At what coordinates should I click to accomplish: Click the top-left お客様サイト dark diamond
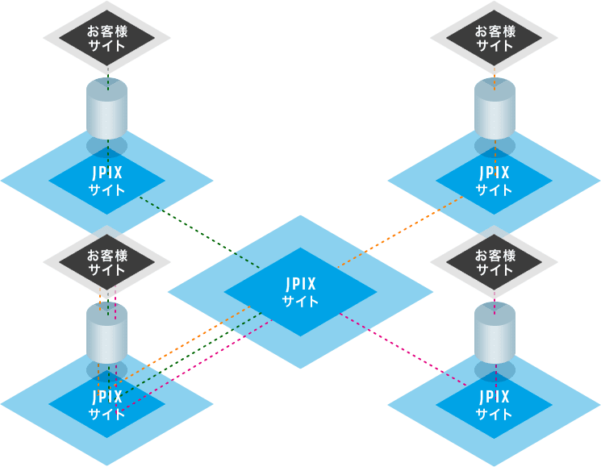coord(106,38)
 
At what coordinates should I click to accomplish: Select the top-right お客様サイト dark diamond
coord(494,38)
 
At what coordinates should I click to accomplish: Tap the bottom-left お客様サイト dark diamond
coord(106,262)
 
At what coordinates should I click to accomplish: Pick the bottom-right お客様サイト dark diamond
coord(494,262)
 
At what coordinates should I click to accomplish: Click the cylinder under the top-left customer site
coord(106,109)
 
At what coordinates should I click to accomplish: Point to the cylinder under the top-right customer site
coord(494,109)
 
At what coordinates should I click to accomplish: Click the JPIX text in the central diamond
coord(300,284)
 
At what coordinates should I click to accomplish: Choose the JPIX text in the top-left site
coord(106,173)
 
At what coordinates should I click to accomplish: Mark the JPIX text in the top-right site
coord(494,173)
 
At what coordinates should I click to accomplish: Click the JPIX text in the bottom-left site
coord(106,397)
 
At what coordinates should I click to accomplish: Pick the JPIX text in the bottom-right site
coord(494,397)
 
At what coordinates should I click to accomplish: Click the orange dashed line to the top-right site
coord(403,230)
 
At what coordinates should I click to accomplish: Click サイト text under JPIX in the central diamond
coord(300,302)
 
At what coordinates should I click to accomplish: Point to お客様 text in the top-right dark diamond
coord(494,31)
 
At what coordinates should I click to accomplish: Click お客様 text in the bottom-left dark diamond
coord(106,255)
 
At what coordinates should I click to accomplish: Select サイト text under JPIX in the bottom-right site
coord(494,415)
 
